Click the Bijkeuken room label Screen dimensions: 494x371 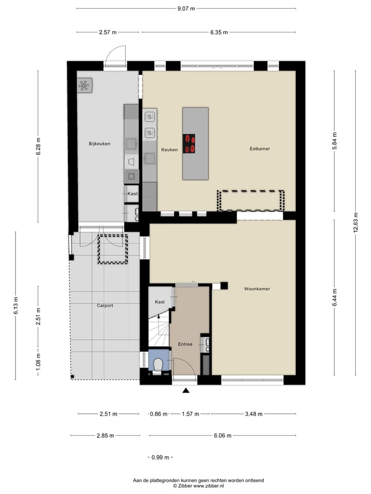point(99,144)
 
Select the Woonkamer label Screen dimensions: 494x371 point(257,289)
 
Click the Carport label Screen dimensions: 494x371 point(105,305)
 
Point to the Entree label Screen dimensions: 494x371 point(185,344)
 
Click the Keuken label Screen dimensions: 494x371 point(169,150)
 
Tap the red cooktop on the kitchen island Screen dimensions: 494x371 point(190,144)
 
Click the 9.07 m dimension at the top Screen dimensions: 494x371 point(186,8)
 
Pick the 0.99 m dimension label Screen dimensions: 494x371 point(160,457)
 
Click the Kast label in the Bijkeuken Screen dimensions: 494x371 point(132,193)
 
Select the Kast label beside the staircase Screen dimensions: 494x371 point(160,302)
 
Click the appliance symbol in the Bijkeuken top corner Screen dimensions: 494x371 point(85,85)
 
